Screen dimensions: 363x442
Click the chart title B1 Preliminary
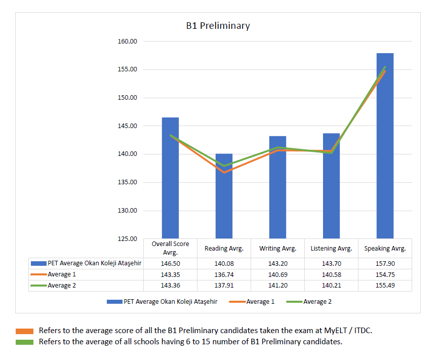click(218, 26)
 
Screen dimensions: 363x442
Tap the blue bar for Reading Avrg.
click(224, 197)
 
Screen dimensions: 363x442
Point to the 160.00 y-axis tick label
click(127, 41)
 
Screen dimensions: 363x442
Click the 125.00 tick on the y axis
click(127, 238)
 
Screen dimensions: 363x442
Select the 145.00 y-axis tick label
click(127, 126)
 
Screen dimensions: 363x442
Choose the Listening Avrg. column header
click(331, 249)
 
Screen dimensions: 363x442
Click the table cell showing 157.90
click(385, 263)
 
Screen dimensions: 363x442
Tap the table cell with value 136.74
click(224, 274)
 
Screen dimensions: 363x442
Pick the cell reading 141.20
click(277, 286)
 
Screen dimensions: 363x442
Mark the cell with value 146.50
click(170, 263)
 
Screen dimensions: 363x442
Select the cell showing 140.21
click(331, 286)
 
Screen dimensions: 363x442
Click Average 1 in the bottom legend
click(260, 302)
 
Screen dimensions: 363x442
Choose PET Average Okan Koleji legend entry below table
click(170, 302)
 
